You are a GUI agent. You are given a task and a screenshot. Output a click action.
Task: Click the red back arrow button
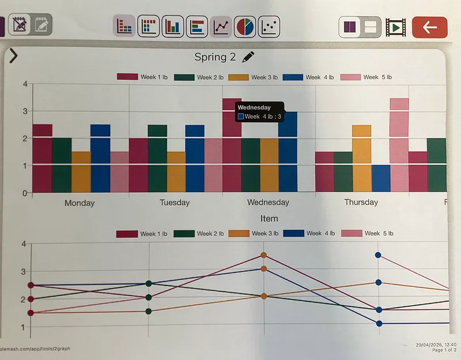click(429, 27)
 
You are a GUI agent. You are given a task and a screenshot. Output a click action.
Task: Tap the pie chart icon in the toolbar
click(245, 26)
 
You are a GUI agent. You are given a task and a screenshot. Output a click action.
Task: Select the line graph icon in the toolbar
click(221, 26)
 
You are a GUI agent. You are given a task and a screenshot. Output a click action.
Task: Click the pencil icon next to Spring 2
click(248, 56)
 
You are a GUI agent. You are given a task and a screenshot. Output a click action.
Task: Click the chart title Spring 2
click(215, 57)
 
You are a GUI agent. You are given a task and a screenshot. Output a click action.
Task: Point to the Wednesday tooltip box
click(259, 111)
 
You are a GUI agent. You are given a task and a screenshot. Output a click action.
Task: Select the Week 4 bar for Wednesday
click(288, 153)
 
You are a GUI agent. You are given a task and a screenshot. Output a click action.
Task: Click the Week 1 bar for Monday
click(42, 158)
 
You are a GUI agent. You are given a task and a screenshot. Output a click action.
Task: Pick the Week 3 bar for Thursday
click(361, 158)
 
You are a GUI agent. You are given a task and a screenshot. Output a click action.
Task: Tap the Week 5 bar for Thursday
click(399, 145)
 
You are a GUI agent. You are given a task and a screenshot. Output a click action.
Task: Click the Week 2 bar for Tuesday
click(157, 158)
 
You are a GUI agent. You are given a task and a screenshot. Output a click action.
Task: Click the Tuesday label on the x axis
click(174, 203)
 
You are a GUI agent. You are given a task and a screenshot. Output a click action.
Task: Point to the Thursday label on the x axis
click(361, 202)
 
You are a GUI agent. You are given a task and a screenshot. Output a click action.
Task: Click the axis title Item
click(269, 218)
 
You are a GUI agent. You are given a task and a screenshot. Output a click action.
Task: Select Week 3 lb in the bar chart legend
click(254, 77)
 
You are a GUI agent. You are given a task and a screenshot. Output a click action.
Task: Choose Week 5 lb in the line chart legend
click(369, 233)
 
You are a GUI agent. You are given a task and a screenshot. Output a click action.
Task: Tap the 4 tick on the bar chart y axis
click(25, 84)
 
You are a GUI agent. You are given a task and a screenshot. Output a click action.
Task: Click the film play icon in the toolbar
click(396, 27)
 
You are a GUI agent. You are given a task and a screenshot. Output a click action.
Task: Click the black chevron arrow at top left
click(13, 56)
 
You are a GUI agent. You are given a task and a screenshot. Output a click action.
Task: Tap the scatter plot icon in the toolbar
click(269, 26)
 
